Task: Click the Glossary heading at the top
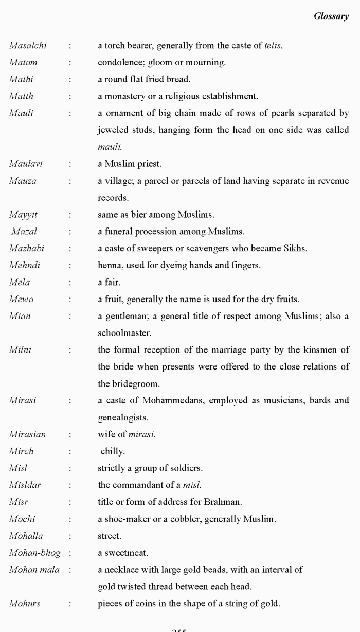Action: pos(331,16)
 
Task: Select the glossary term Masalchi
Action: pos(28,46)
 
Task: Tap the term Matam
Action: pos(23,63)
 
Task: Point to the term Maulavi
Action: pos(26,164)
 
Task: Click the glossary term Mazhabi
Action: pos(27,249)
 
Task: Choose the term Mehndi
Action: pos(25,266)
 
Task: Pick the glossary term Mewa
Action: pos(21,299)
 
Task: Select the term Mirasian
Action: pos(27,434)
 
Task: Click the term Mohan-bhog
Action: pos(34,553)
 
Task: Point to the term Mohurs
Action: pos(24,604)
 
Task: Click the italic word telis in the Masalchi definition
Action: pos(273,46)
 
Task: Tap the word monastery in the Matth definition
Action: pos(124,96)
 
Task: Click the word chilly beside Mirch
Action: pos(112,451)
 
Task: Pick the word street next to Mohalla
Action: pos(109,536)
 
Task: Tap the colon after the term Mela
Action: pos(69,283)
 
